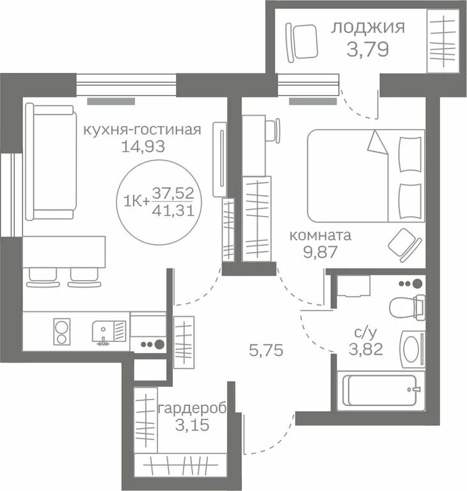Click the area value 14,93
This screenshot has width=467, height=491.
(143, 146)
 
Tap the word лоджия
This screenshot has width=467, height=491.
(368, 27)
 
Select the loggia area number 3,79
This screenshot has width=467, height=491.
(368, 49)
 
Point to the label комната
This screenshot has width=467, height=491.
(321, 235)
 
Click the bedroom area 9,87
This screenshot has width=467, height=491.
(321, 252)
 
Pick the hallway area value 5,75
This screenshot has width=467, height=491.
(266, 350)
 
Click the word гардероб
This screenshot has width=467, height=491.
(193, 409)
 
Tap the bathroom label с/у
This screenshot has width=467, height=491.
(365, 334)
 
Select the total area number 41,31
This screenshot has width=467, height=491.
(173, 211)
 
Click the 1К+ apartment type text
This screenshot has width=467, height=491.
(137, 201)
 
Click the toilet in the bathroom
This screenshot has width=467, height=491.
(407, 307)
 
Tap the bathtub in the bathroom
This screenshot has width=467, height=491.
(381, 391)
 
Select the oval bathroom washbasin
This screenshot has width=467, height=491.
(413, 349)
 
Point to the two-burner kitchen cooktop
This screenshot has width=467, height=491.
(62, 331)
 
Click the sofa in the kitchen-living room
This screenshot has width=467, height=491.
(51, 162)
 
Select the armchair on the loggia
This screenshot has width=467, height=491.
(302, 42)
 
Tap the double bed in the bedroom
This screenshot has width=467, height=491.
(366, 176)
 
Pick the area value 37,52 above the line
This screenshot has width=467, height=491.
(173, 193)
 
